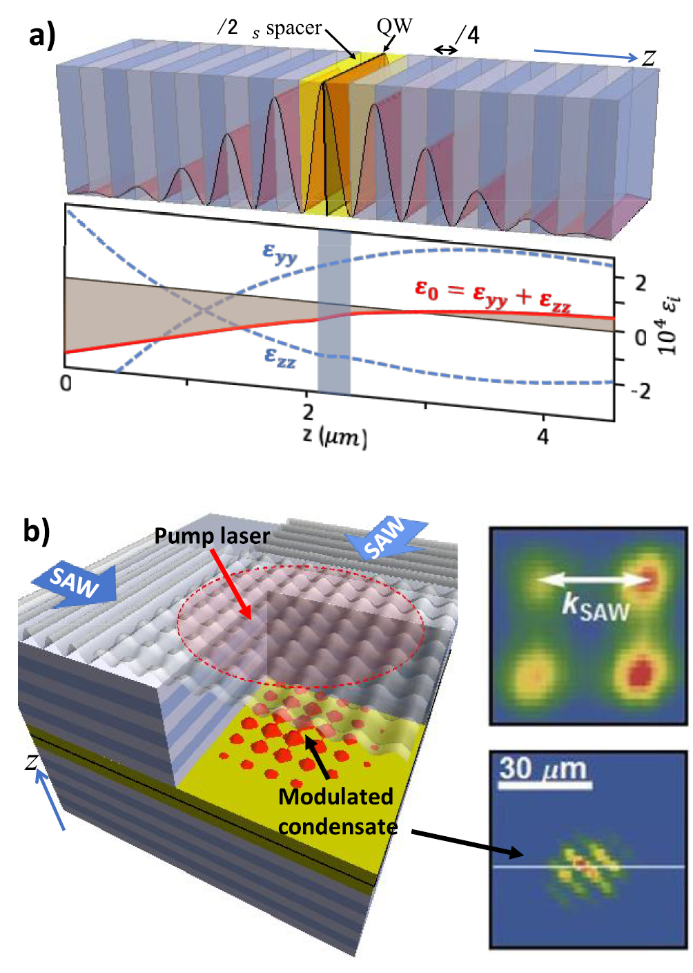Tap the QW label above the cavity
click(394, 27)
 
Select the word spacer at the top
click(293, 28)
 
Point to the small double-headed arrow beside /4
click(445, 50)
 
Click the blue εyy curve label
click(280, 254)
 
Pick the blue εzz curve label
click(280, 356)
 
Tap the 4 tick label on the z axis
click(543, 437)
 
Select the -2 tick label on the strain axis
click(640, 391)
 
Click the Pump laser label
click(212, 536)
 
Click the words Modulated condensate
click(337, 811)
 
